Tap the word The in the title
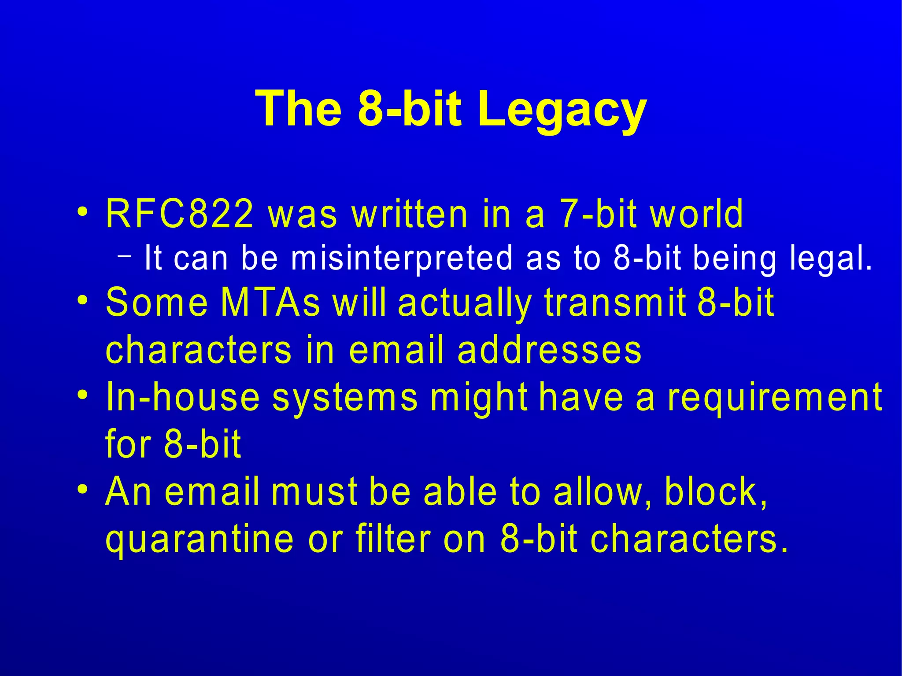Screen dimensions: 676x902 tap(299, 108)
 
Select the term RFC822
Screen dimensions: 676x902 tap(180, 214)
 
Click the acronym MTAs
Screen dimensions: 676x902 tap(270, 303)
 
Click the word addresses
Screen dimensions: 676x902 tap(549, 350)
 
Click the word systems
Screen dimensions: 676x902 tap(345, 398)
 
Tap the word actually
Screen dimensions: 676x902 tap(465, 303)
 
